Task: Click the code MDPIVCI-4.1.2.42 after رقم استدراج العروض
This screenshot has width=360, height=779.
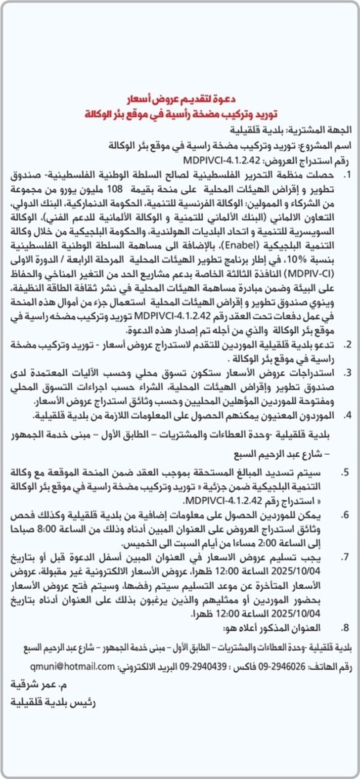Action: pyautogui.click(x=222, y=160)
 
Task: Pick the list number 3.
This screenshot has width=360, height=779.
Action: pyautogui.click(x=348, y=372)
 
